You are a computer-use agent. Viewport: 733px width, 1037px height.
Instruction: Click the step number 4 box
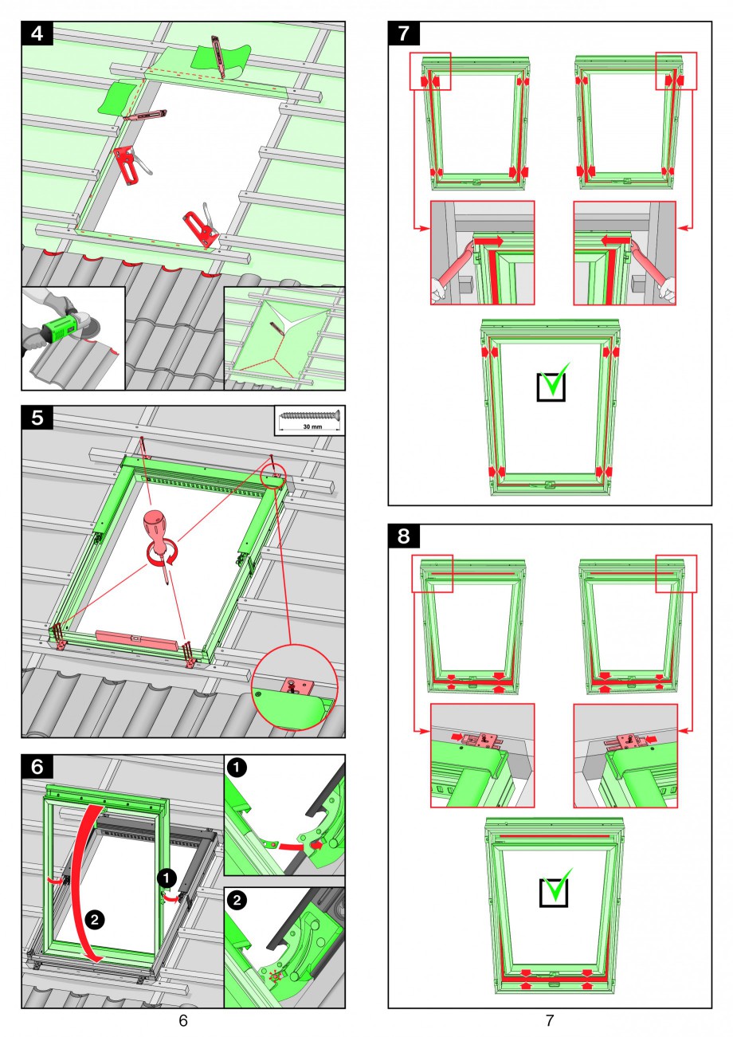coord(37,33)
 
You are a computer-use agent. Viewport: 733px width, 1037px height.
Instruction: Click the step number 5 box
coord(37,418)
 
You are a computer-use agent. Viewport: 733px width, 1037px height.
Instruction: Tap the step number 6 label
coord(37,767)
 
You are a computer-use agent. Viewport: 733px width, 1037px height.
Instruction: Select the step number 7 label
coord(404,33)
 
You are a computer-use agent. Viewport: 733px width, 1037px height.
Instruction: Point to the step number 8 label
coord(404,536)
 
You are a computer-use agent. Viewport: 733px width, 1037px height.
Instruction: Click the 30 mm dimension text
coord(312,427)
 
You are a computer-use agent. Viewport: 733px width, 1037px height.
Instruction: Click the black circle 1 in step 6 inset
coord(237,768)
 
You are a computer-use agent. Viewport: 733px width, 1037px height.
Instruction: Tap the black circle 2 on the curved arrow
coord(94,919)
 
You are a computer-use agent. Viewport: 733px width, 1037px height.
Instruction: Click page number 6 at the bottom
coord(183,1020)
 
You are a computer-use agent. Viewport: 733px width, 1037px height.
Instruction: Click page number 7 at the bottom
coord(550,1020)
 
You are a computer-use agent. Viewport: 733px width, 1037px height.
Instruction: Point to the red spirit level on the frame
coord(136,639)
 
